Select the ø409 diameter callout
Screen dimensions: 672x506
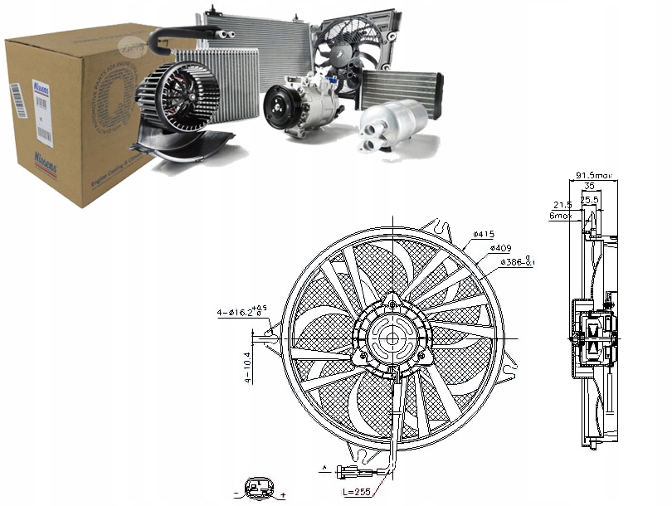pyautogui.click(x=501, y=248)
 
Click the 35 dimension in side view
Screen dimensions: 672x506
pyautogui.click(x=589, y=187)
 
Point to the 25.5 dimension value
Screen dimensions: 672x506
pyautogui.click(x=590, y=200)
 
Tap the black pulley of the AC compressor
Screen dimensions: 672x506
pyautogui.click(x=280, y=109)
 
